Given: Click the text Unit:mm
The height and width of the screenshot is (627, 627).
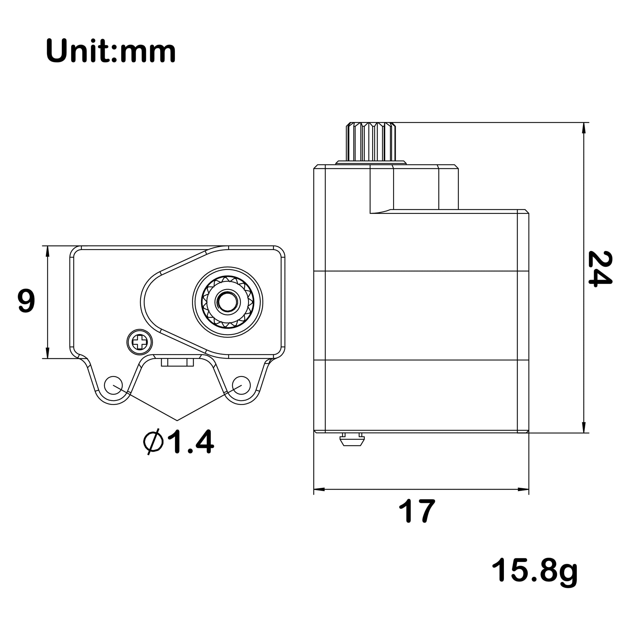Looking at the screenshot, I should point(111,52).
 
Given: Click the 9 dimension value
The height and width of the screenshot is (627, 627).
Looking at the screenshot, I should point(26,302).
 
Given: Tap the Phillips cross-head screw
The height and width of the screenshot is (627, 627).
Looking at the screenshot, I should point(140,342).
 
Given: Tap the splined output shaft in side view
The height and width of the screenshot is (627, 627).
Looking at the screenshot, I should point(371,142).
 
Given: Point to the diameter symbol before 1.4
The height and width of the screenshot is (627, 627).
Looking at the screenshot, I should point(153,442).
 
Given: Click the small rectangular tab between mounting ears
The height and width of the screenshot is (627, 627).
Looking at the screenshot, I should point(177,362).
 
